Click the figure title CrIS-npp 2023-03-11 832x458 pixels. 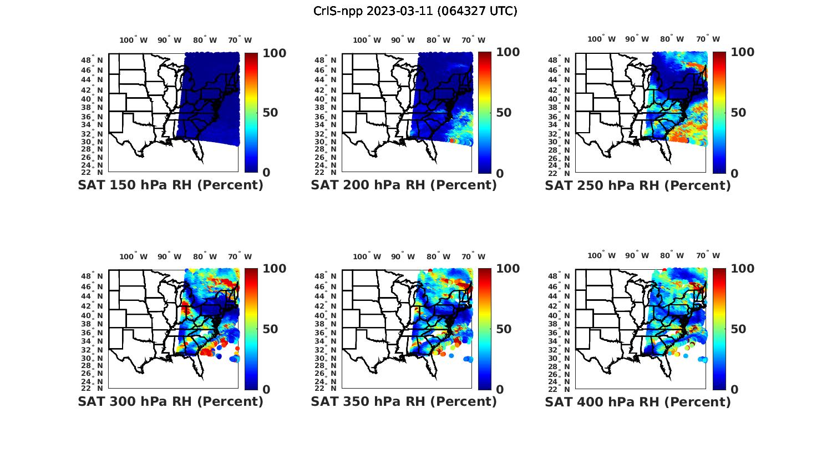coord(415,11)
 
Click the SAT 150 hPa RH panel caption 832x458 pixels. coord(171,185)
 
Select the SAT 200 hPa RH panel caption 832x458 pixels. coord(404,185)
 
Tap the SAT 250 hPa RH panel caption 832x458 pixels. coord(638,185)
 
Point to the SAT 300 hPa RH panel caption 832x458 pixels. coord(171,401)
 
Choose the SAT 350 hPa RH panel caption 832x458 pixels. coord(404,401)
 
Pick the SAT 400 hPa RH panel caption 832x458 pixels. coord(638,401)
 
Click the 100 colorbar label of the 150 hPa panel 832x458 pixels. coord(275,53)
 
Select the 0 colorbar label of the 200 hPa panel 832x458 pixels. coord(500,173)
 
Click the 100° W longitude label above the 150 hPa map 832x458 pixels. coord(134,40)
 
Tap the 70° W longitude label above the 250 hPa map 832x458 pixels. coord(708,39)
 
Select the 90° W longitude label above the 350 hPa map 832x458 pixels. coord(403,256)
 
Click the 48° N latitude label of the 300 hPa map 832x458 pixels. coord(92,276)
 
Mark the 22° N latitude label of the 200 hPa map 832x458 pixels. coord(326,173)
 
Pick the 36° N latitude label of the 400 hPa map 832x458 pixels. coord(560,333)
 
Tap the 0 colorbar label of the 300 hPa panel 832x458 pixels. coord(266,390)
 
